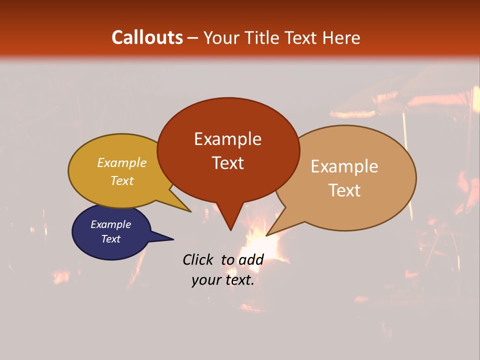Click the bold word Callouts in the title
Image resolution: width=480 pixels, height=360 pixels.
tap(147, 37)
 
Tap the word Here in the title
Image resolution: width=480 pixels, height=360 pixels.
tap(341, 37)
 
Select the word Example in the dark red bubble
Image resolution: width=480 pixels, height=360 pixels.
tap(227, 139)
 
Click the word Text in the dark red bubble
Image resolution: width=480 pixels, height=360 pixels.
tap(227, 163)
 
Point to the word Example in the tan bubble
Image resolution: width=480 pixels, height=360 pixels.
tap(344, 166)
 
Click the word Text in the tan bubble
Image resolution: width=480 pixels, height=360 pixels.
tap(344, 190)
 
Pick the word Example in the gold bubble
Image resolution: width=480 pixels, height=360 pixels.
tap(122, 163)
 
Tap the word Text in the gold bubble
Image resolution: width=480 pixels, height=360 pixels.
tap(122, 180)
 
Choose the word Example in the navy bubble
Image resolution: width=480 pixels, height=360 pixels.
tap(111, 224)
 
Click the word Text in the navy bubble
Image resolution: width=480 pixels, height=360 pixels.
tap(111, 239)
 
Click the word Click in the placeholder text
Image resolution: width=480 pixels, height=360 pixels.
tap(197, 259)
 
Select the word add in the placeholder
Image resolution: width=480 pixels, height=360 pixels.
tap(251, 259)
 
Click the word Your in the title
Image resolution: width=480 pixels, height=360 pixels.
tap(220, 37)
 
